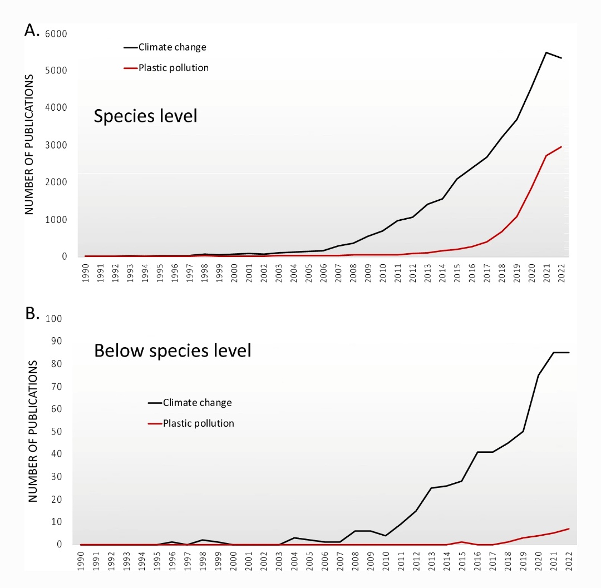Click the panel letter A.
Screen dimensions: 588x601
point(32,31)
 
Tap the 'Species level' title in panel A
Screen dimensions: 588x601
point(145,116)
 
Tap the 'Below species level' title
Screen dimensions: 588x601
point(173,351)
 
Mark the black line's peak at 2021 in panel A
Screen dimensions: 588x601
point(546,52)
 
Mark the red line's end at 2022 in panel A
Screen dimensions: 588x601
point(561,147)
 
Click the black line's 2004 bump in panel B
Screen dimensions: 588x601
point(294,538)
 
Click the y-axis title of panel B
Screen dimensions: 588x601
point(33,431)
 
